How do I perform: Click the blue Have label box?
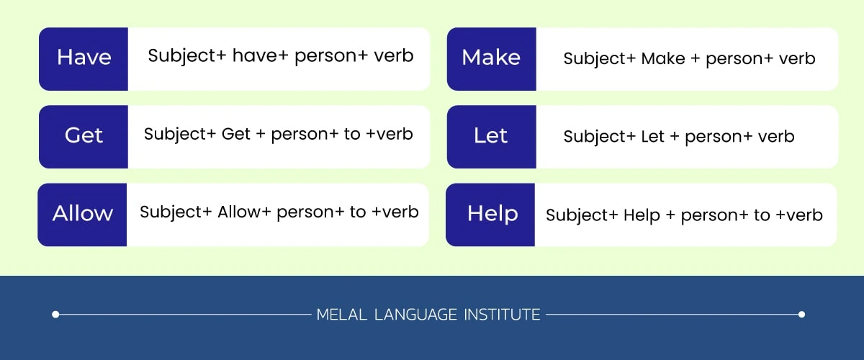coord(84,59)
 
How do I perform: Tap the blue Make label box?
coord(491,59)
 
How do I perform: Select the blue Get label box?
coord(84,137)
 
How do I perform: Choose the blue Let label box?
coord(491,137)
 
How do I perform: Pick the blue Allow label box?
coord(82,215)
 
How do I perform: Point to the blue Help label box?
coord(490,215)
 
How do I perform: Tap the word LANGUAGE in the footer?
coord(415,315)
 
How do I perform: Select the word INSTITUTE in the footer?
coord(502,315)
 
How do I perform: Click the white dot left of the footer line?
coord(55,315)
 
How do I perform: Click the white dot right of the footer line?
coord(801,315)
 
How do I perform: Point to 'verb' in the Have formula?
coord(394,55)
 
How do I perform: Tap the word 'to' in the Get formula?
coord(352,134)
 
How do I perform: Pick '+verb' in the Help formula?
coord(799,215)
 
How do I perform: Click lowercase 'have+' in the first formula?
coord(261,55)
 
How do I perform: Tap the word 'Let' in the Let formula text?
coord(652,137)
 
